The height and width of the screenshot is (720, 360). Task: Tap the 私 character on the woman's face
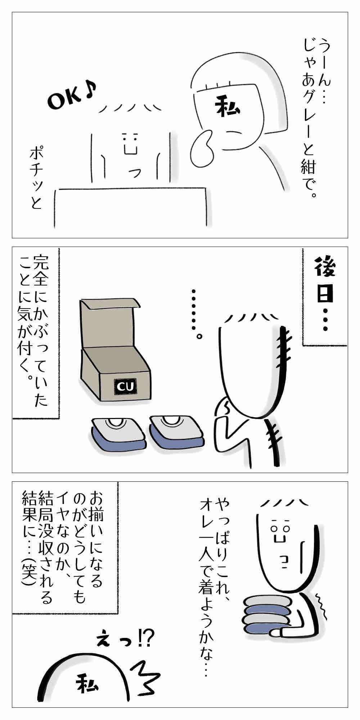228,107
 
